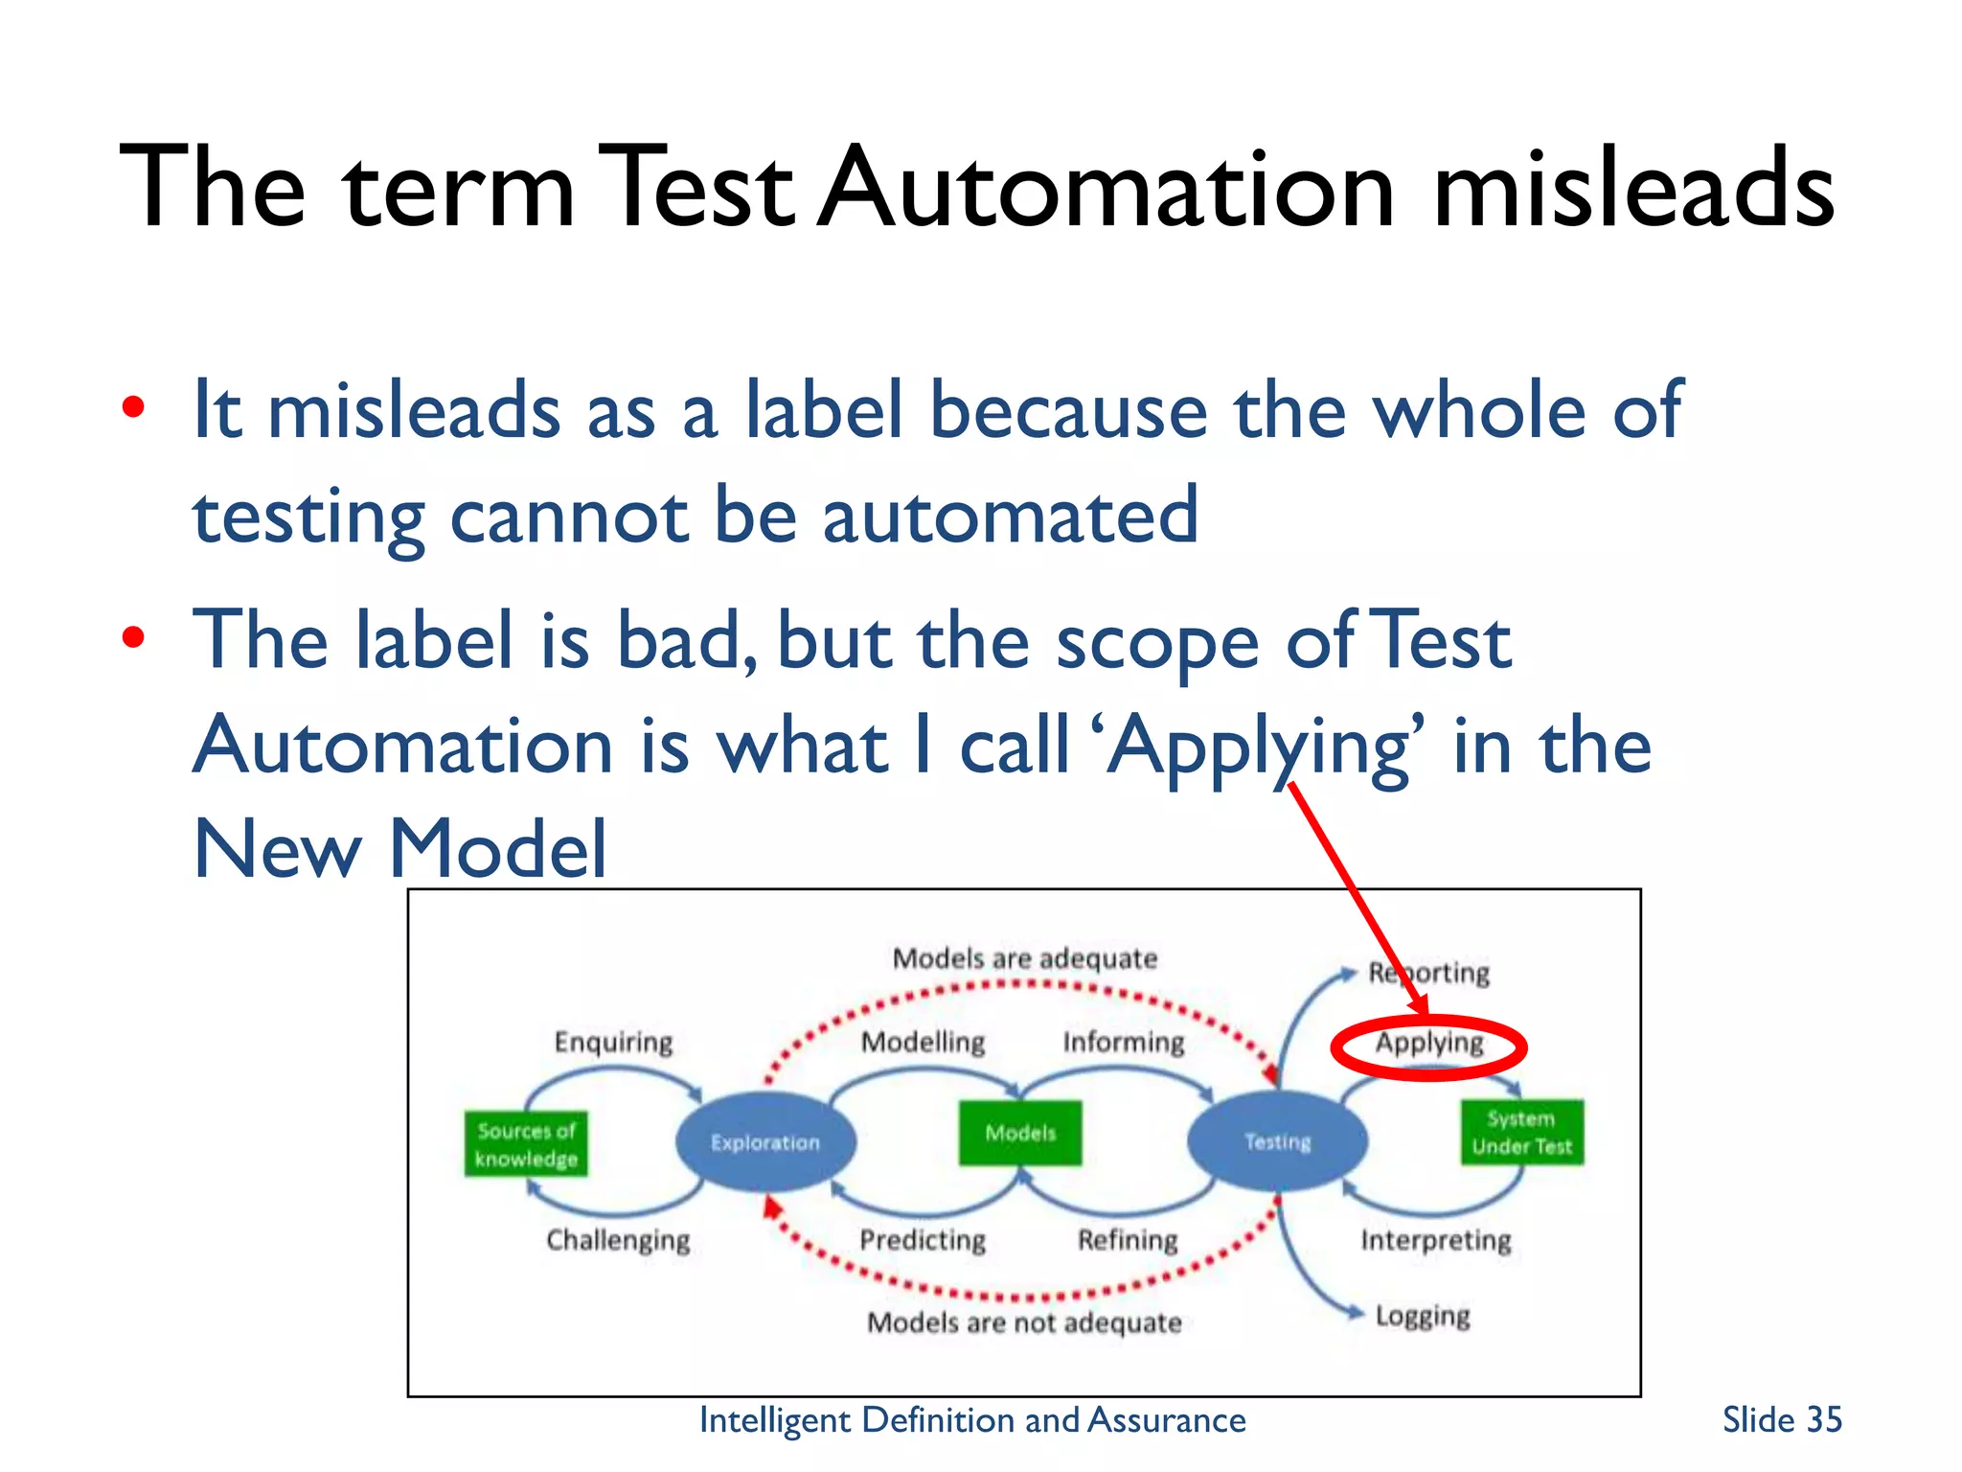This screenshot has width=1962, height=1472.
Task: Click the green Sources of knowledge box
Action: click(526, 1143)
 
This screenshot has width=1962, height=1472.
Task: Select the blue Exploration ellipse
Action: click(765, 1141)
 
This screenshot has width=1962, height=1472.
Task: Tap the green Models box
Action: click(1020, 1133)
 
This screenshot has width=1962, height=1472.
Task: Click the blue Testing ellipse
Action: click(1277, 1140)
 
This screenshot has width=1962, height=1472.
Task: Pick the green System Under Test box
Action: click(1521, 1132)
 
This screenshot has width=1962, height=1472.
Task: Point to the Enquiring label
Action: click(613, 1042)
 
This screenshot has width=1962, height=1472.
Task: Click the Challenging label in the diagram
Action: click(618, 1240)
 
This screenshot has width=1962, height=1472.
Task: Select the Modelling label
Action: click(923, 1042)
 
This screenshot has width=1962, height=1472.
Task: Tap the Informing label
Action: click(1123, 1042)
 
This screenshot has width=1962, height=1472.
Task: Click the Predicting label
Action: click(922, 1240)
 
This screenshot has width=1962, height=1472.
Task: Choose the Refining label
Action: click(1128, 1240)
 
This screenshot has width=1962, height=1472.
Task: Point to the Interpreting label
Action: click(1435, 1240)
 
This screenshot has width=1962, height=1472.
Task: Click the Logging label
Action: click(1422, 1317)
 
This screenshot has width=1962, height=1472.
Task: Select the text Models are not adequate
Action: click(1023, 1322)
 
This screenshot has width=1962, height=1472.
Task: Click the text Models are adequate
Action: click(1024, 958)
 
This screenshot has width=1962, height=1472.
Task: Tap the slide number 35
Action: click(1781, 1419)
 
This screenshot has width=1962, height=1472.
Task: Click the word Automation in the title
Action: click(1106, 187)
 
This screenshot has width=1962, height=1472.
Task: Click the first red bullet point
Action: click(133, 408)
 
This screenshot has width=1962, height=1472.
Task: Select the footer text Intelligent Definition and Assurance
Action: click(971, 1419)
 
